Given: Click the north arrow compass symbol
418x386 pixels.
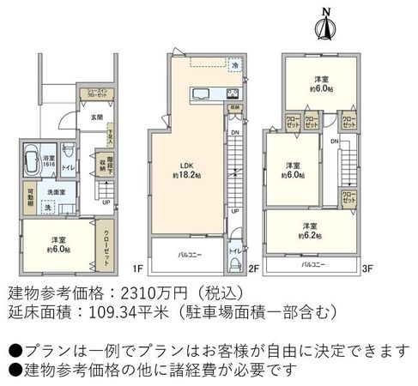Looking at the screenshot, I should pyautogui.click(x=324, y=24).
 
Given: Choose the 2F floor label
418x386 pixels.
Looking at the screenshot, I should pyautogui.click(x=254, y=268).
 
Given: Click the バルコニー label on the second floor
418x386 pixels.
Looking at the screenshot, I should pyautogui.click(x=190, y=256).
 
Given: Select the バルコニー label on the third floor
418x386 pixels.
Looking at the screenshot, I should pyautogui.click(x=312, y=265).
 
